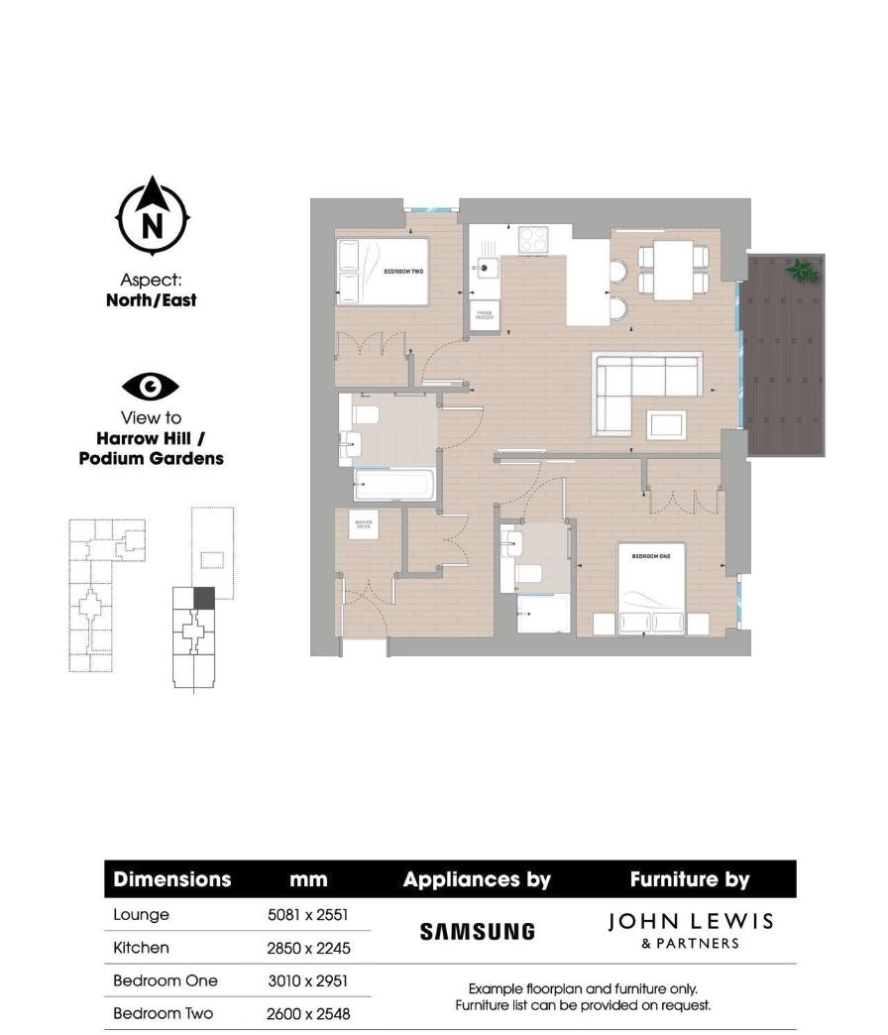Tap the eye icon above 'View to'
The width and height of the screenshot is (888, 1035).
151,386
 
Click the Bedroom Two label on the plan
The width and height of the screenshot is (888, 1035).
403,271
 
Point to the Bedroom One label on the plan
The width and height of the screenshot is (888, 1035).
651,557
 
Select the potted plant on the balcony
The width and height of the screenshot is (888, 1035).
801,269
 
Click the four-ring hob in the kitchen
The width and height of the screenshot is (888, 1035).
533,239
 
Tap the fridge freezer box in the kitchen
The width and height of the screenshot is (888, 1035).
485,314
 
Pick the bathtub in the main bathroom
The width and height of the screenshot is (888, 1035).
394,486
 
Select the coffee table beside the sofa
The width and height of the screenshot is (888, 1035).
666,423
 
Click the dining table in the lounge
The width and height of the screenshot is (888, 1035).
673,271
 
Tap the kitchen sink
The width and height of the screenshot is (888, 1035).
486,267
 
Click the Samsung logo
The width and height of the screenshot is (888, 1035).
477,931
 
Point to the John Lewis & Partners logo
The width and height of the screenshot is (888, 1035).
690,930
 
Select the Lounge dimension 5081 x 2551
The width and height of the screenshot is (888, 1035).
307,915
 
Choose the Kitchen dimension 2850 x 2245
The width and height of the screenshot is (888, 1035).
307,948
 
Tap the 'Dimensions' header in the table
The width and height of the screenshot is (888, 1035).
171,879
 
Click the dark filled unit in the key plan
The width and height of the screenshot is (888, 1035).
203,597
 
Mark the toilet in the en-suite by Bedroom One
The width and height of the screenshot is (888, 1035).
528,573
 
